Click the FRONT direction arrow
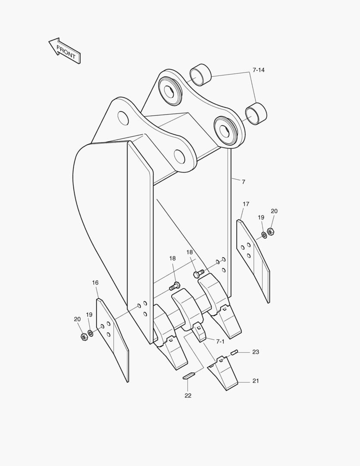point(65,51)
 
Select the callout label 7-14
point(258,70)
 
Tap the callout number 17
point(246,204)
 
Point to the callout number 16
point(95,283)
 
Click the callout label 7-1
point(220,341)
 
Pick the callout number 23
point(255,352)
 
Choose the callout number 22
point(188,395)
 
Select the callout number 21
point(255,381)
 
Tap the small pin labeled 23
point(235,353)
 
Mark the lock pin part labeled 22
point(189,376)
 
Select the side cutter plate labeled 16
point(112,339)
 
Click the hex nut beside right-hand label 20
point(271,232)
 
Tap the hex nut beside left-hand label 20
point(84,337)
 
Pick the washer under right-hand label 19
point(263,235)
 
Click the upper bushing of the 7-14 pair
point(200,74)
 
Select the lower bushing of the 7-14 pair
point(256,113)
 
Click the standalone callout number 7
point(243,182)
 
